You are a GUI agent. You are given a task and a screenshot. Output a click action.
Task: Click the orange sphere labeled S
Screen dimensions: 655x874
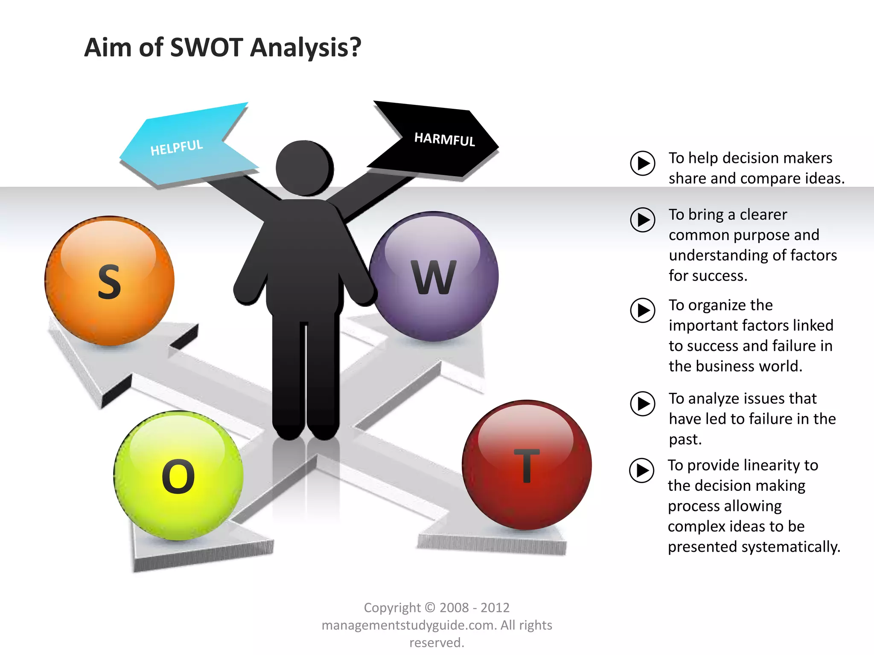click(110, 281)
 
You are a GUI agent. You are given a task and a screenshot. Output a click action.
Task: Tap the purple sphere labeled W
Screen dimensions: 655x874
click(434, 276)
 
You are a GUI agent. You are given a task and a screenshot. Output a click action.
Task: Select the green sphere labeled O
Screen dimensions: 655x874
click(178, 475)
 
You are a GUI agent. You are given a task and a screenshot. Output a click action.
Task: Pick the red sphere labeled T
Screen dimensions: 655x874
click(527, 465)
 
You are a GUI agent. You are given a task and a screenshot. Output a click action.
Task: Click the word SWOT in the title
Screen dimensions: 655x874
click(207, 47)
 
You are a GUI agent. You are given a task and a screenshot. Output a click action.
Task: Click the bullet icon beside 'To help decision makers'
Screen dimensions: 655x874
click(643, 163)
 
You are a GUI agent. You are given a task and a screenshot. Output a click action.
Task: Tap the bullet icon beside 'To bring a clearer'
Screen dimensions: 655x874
click(643, 220)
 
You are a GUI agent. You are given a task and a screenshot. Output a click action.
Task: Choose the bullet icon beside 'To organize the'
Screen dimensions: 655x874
click(643, 310)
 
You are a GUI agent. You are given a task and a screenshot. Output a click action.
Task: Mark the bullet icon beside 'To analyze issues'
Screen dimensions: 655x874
click(643, 403)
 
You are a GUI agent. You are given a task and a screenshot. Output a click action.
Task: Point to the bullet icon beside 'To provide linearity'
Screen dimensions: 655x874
click(642, 470)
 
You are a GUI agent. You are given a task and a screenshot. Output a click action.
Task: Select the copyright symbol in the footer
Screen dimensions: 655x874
click(430, 608)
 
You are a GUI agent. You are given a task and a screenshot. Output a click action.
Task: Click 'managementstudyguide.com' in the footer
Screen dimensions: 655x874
click(409, 625)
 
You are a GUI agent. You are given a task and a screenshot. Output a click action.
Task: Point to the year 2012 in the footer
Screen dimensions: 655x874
click(495, 608)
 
